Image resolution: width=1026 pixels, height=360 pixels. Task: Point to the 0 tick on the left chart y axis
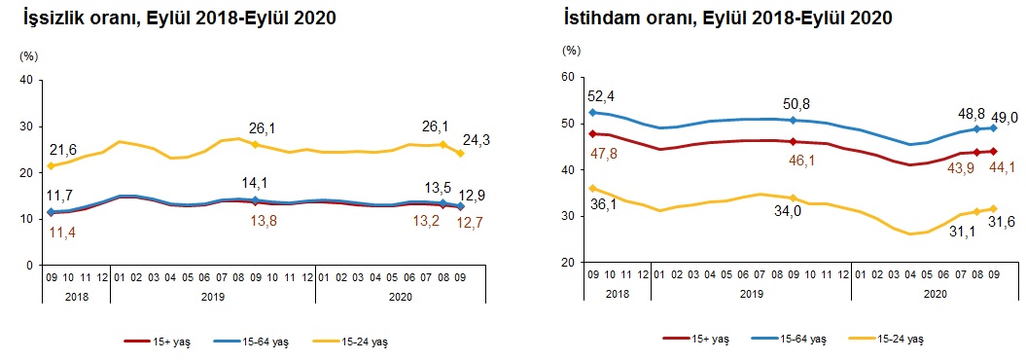click(x=30, y=265)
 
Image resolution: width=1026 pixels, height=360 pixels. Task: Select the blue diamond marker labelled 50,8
click(x=795, y=121)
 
